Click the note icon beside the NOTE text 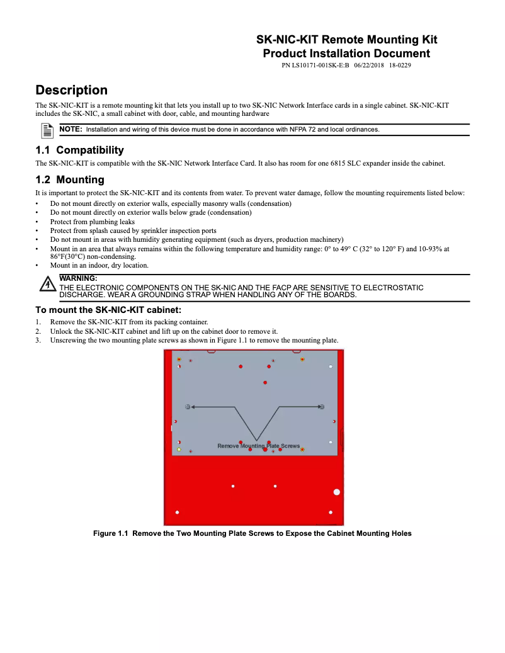47,130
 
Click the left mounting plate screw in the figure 188,407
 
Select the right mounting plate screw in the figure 322,407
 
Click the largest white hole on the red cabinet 336,492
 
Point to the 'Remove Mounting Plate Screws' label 258,446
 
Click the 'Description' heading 71,90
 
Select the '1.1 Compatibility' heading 79,150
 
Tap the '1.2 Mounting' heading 69,179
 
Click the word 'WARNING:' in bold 78,278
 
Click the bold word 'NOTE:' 71,129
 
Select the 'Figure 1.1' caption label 111,533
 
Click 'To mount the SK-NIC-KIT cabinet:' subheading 108,309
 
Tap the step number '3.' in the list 38,340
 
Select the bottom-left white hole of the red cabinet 177,512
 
